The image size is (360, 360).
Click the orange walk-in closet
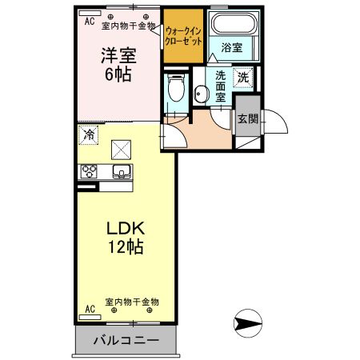coord(183,38)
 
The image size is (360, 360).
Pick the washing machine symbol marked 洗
coord(243,78)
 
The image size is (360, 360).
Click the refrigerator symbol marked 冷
coord(88,134)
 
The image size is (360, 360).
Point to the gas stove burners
coord(88,171)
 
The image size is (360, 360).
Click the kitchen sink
coord(123,171)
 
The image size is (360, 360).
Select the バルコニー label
coord(126,341)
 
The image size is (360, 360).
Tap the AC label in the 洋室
coord(89,22)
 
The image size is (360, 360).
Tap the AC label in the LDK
coord(90,308)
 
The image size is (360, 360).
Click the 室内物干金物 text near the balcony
coord(133,302)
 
